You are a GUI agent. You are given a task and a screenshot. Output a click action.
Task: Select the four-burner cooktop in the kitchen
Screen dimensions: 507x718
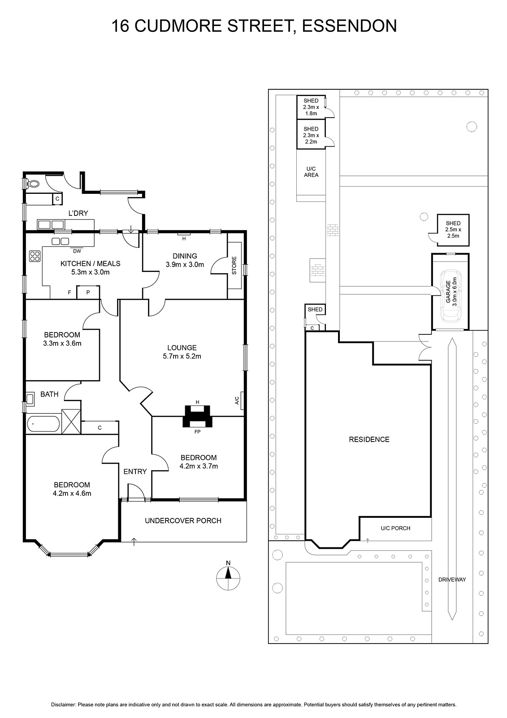pyautogui.click(x=35, y=256)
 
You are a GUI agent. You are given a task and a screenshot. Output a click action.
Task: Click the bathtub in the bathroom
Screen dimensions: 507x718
pyautogui.click(x=43, y=424)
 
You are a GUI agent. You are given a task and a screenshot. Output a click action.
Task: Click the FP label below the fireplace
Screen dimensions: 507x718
pyautogui.click(x=197, y=432)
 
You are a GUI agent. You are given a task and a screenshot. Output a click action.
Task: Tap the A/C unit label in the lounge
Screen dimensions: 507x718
pyautogui.click(x=237, y=400)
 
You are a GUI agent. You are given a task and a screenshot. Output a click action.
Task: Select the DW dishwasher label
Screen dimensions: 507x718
pyautogui.click(x=77, y=251)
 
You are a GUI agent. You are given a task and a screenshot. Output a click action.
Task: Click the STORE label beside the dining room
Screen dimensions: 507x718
pyautogui.click(x=234, y=265)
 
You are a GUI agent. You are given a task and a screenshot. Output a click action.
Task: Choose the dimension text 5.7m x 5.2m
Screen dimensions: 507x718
pyautogui.click(x=182, y=356)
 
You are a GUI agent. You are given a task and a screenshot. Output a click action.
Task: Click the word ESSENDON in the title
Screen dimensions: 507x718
pyautogui.click(x=349, y=26)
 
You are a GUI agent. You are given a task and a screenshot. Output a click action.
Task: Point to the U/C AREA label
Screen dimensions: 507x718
pyautogui.click(x=311, y=172)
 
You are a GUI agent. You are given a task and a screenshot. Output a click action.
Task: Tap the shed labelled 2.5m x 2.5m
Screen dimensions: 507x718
pyautogui.click(x=453, y=230)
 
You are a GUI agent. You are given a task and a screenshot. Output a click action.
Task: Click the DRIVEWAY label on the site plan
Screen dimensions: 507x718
pyautogui.click(x=452, y=579)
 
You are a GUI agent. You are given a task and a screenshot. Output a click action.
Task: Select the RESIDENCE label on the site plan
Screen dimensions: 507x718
pyautogui.click(x=369, y=439)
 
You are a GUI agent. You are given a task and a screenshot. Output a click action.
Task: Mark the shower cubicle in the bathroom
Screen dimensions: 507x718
pyautogui.click(x=71, y=421)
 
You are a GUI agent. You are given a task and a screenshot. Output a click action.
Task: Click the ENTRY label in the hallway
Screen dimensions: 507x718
pyautogui.click(x=135, y=472)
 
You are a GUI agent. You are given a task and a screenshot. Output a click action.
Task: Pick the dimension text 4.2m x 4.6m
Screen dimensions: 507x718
pyautogui.click(x=72, y=493)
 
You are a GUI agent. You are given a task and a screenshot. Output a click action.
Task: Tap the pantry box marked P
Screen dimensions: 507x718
pyautogui.click(x=88, y=292)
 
